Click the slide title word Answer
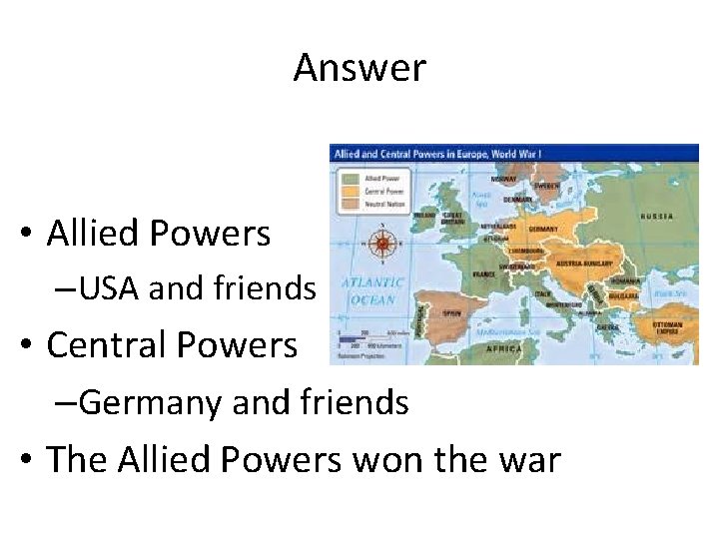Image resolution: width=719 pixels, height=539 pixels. tap(359, 68)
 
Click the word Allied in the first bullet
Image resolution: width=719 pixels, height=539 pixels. tap(96, 234)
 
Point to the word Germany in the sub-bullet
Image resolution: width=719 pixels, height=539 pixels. tap(152, 401)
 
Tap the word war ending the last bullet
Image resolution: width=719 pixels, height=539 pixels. tap(526, 459)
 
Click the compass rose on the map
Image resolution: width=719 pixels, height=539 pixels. tap(380, 243)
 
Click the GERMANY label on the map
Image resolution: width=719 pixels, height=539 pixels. tap(544, 229)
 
